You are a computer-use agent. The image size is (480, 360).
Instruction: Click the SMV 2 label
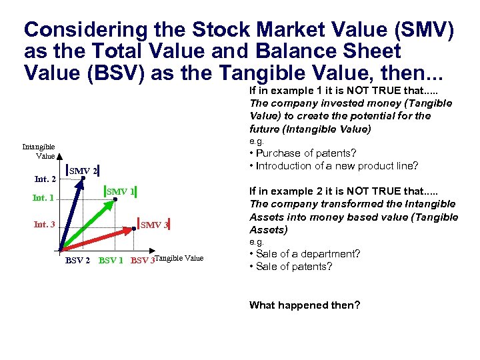(x=84, y=171)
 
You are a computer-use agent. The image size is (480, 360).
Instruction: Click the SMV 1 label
(x=121, y=192)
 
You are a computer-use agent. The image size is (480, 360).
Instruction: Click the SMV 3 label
(x=154, y=225)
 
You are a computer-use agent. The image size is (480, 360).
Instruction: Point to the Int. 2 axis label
(x=45, y=179)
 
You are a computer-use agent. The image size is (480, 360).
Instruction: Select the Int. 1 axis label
(x=43, y=198)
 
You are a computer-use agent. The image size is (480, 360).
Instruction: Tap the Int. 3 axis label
(x=44, y=225)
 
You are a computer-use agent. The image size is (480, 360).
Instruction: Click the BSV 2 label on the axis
(x=77, y=260)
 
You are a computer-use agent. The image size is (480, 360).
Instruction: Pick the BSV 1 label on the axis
(x=111, y=260)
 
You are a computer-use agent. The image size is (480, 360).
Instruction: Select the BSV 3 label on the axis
(x=142, y=260)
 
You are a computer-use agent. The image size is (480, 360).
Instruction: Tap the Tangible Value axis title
(x=179, y=259)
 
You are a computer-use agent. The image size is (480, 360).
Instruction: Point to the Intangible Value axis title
(x=39, y=151)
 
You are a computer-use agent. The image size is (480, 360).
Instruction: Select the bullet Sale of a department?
(x=305, y=254)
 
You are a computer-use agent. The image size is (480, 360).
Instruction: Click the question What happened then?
(x=305, y=305)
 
